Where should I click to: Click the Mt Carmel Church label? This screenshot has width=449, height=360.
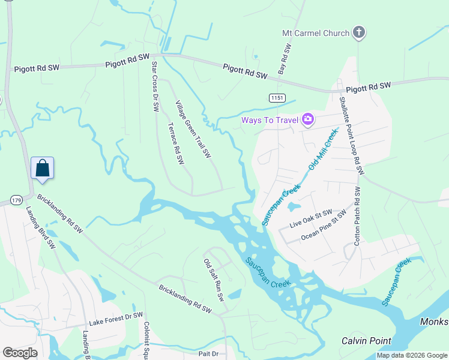(x=316, y=33)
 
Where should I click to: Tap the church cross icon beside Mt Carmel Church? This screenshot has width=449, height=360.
(x=359, y=32)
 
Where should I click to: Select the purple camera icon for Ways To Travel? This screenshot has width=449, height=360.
(x=309, y=120)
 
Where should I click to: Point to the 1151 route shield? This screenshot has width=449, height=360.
(x=277, y=97)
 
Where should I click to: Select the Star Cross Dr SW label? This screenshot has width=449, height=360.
(x=155, y=86)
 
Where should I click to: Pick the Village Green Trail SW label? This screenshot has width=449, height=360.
(x=193, y=129)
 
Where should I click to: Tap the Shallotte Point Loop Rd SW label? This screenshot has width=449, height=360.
(x=351, y=136)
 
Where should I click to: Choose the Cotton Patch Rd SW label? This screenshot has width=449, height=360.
(x=358, y=216)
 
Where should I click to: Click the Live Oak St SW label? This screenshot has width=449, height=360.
(x=311, y=218)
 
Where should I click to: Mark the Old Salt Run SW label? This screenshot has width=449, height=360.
(x=214, y=279)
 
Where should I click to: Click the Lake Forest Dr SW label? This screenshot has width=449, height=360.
(x=116, y=317)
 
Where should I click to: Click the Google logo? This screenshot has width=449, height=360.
(x=20, y=353)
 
